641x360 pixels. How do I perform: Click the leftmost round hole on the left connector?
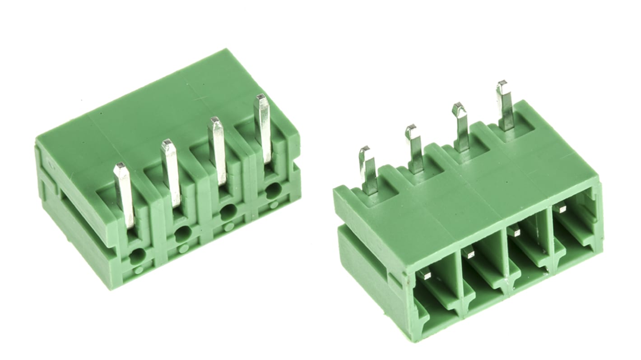click(x=137, y=256)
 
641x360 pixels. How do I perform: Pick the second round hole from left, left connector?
click(x=183, y=233)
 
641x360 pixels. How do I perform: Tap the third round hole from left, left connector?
click(x=228, y=211)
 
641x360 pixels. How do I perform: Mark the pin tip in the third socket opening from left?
click(x=515, y=232)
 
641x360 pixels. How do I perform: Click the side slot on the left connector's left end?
click(x=72, y=217)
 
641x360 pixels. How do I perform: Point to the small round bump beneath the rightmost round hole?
click(x=274, y=204)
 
